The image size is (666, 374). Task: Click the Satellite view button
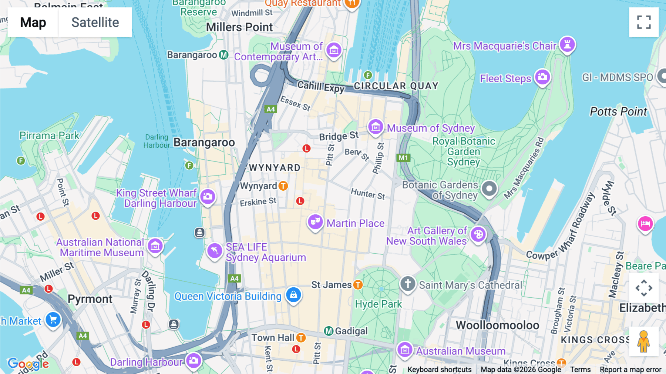click(x=95, y=22)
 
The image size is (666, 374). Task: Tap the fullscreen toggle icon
click(x=644, y=22)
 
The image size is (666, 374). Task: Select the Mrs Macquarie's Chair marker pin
click(x=567, y=45)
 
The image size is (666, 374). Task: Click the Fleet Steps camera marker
click(x=542, y=77)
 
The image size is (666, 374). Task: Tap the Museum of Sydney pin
click(x=376, y=127)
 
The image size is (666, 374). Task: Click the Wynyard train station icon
click(x=283, y=186)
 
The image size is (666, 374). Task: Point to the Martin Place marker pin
click(x=315, y=222)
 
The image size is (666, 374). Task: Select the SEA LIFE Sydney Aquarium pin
click(x=215, y=251)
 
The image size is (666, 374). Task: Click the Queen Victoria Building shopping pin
click(x=293, y=295)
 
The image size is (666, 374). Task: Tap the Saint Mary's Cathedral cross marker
click(x=408, y=284)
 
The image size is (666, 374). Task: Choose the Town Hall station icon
click(x=301, y=338)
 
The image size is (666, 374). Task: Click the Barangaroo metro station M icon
click(x=223, y=55)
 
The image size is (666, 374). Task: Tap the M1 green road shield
click(x=403, y=158)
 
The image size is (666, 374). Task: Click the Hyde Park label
click(x=378, y=304)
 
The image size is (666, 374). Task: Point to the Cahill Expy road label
click(x=321, y=87)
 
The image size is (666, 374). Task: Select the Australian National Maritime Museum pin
click(x=155, y=246)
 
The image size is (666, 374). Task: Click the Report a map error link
click(x=630, y=370)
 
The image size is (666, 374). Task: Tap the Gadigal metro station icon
click(x=329, y=331)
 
